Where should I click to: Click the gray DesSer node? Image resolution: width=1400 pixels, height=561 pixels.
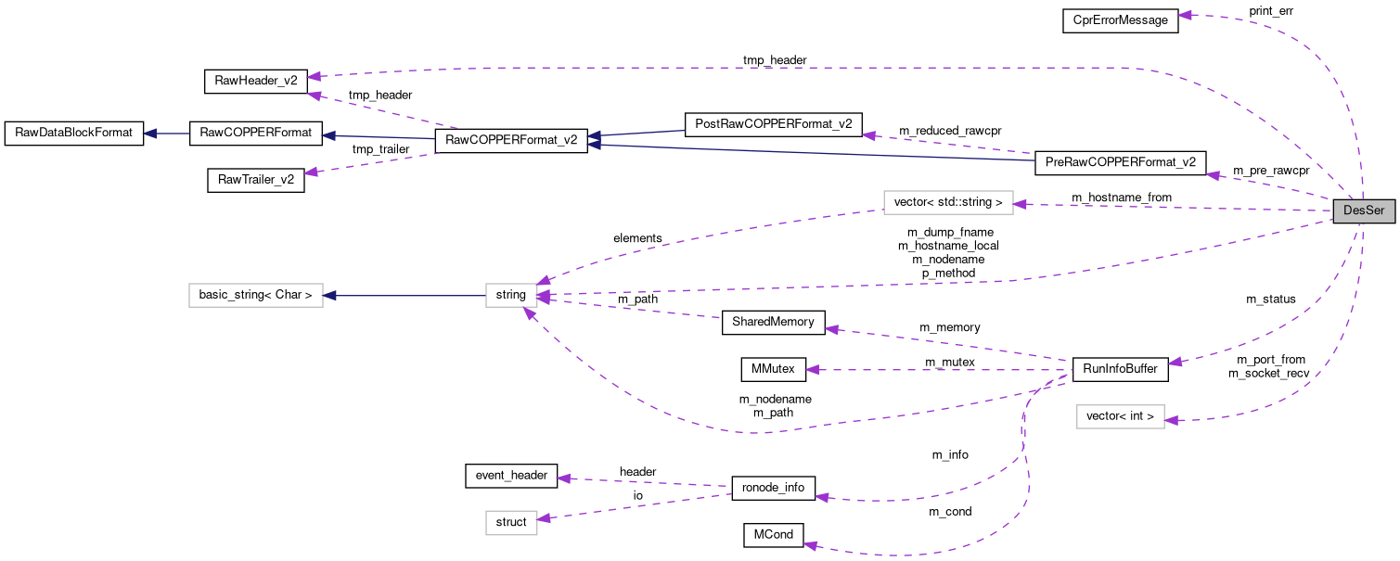point(1363,210)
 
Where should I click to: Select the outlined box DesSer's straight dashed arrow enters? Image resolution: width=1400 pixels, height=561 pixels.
point(947,202)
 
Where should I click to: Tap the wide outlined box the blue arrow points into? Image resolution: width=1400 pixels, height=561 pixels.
point(255,295)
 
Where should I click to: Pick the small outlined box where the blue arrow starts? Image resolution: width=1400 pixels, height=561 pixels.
point(511,295)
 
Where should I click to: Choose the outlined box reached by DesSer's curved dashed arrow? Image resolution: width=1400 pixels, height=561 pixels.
point(1120,416)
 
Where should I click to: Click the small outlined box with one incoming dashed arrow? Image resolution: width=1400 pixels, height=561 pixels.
point(511,523)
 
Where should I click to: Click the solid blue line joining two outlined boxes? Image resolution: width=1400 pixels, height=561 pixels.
point(405,296)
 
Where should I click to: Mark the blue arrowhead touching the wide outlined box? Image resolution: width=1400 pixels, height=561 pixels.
point(329,296)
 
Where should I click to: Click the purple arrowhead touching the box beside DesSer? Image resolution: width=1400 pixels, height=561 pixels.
point(1021,204)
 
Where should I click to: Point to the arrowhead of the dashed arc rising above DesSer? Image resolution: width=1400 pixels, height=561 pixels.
point(1185,15)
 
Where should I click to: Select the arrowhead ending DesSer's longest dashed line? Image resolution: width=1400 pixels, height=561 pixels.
point(315,76)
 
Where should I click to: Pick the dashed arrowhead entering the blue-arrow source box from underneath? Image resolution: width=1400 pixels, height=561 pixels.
point(528,314)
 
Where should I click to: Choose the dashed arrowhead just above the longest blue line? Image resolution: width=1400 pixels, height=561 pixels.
point(868,135)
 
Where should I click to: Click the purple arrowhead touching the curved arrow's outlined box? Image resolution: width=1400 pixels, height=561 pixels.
point(1172,421)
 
